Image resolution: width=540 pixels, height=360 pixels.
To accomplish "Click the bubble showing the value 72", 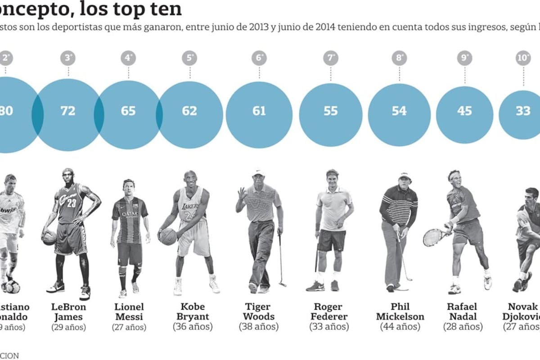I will [68, 111].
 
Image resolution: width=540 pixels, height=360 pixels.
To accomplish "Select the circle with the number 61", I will [259, 111].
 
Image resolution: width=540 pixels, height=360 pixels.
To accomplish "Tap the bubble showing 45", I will [464, 111].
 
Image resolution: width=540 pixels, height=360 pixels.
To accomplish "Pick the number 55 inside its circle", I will [331, 111].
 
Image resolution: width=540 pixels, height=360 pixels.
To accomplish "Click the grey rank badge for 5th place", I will [190, 58].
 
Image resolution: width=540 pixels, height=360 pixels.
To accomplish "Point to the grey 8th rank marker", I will [399, 58].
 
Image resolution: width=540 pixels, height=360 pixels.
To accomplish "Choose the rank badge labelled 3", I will [68, 58].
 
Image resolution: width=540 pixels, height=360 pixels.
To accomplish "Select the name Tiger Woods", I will [259, 311].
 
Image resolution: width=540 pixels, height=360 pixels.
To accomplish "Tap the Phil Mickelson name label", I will [400, 311].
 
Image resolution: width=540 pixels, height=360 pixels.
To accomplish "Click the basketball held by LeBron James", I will [49, 237].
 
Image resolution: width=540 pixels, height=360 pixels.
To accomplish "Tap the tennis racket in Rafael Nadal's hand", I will [433, 237].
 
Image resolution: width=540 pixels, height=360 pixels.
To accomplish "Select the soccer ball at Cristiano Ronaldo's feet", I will [13, 286].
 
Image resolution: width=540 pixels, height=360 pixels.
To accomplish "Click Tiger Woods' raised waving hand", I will [243, 194].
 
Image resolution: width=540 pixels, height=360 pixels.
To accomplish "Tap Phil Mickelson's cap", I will [405, 175].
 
